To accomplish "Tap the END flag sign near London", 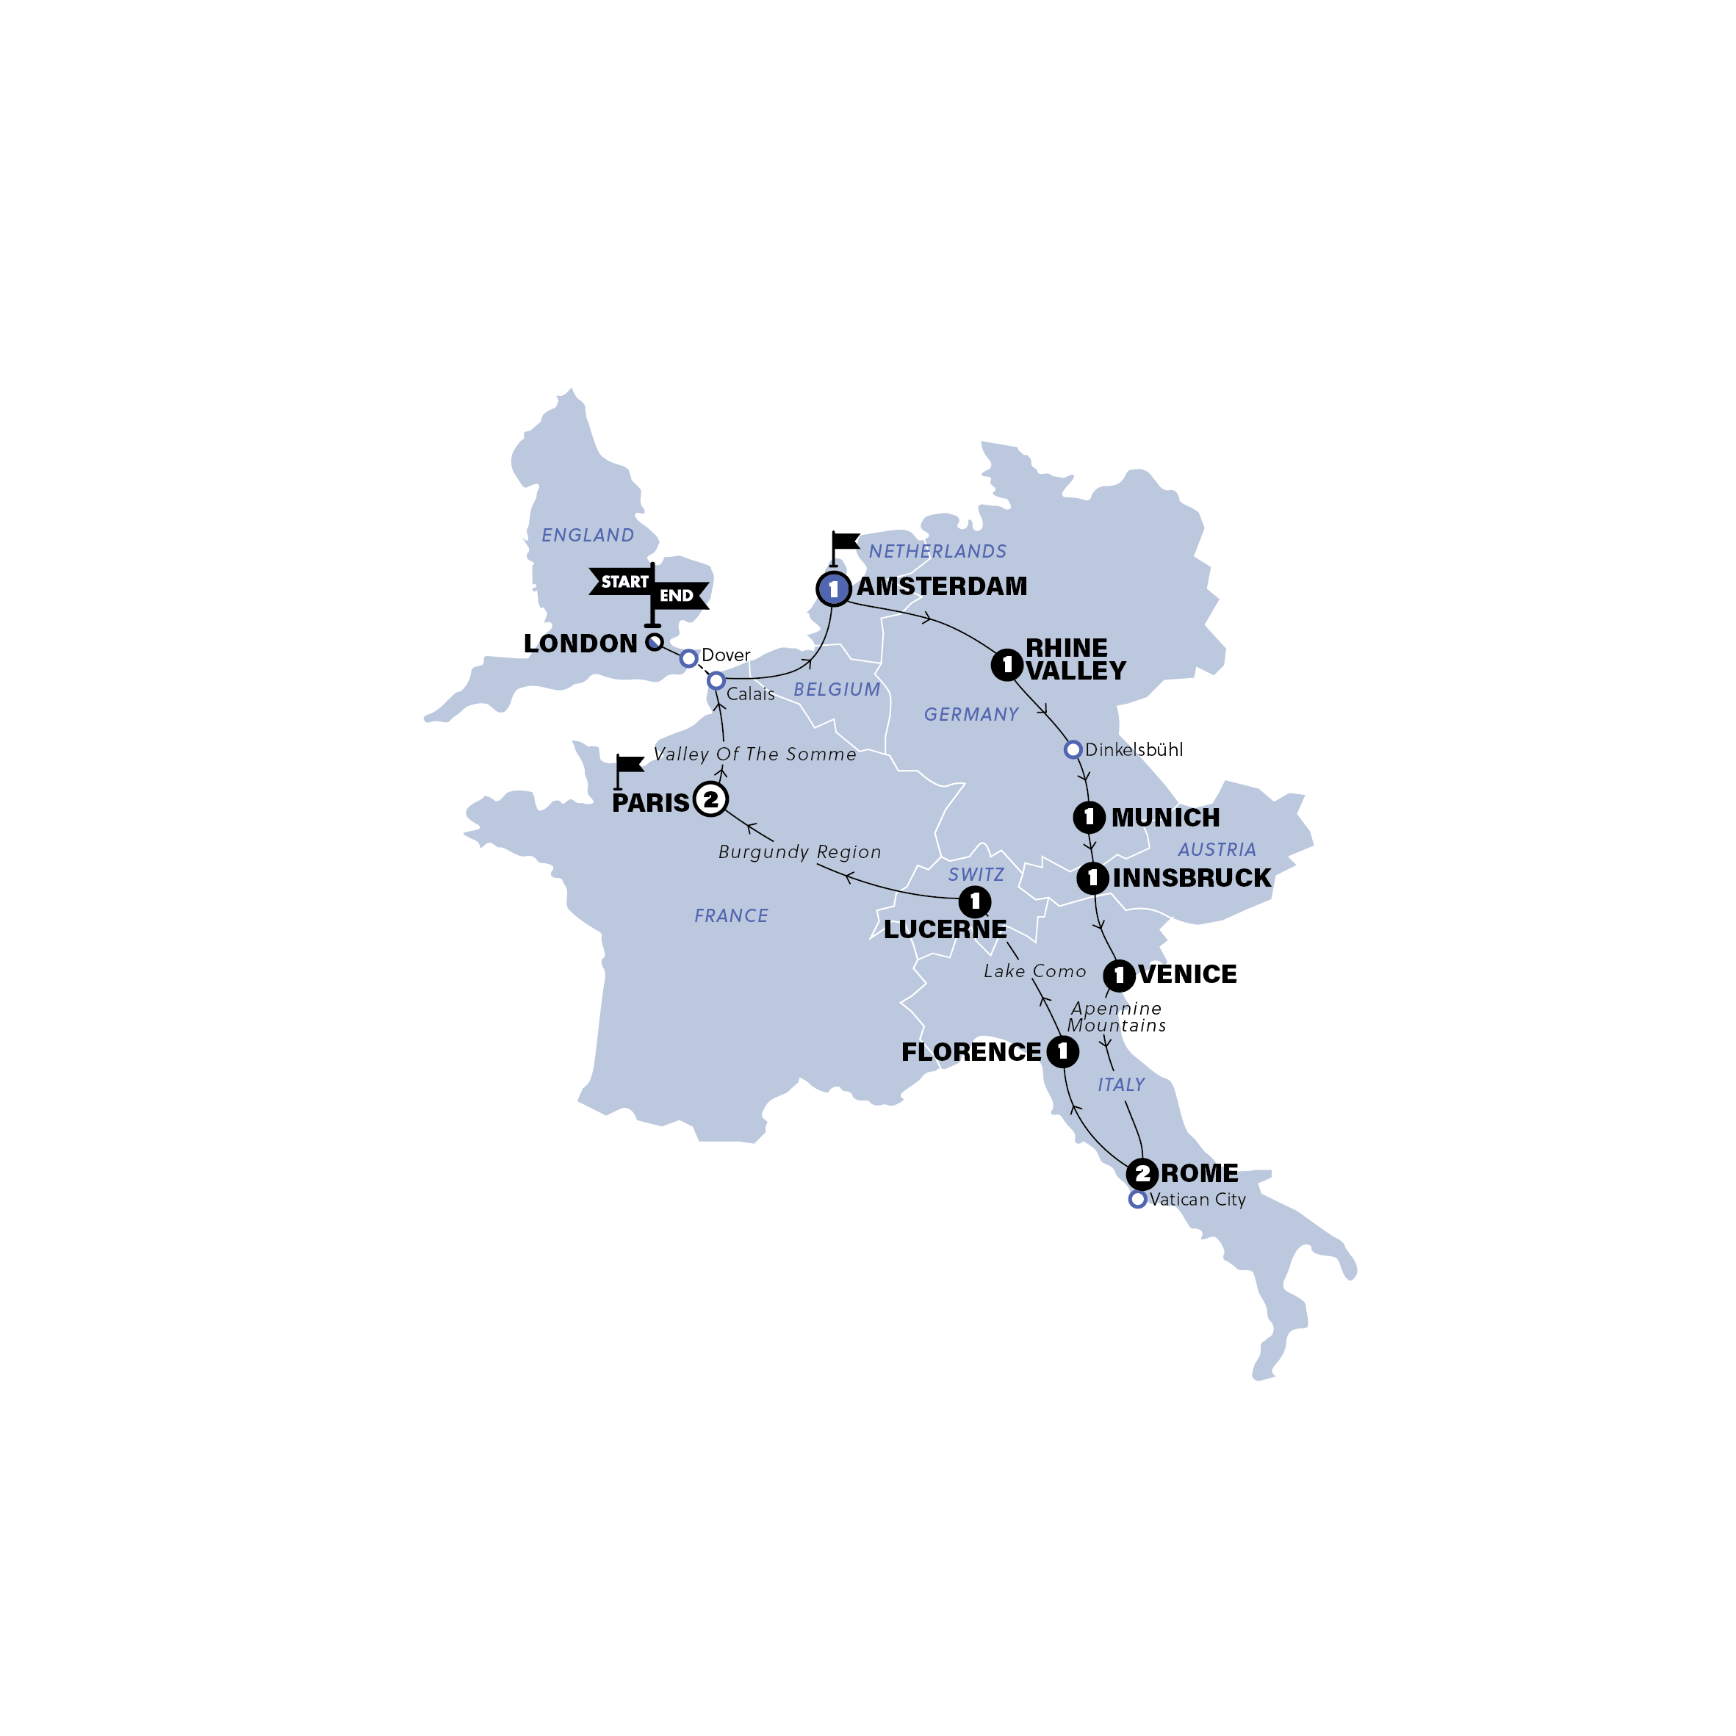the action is click(678, 595).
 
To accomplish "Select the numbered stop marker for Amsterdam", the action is click(833, 588).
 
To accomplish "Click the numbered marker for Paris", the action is click(710, 799).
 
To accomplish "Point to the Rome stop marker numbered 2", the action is click(1141, 1173).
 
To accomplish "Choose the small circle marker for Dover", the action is click(688, 659).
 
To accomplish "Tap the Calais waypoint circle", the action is click(716, 681).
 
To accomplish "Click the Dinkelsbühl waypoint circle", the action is click(1072, 749).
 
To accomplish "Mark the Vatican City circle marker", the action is click(1137, 1200).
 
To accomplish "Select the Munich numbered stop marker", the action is click(1089, 817).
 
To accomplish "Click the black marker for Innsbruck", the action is click(1092, 878).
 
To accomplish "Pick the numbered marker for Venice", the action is click(1119, 975).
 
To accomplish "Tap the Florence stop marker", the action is click(1063, 1051).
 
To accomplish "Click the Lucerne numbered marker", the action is click(975, 901).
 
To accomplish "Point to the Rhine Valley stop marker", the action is click(1006, 665).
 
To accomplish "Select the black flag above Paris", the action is click(628, 766).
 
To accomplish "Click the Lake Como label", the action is click(1034, 971).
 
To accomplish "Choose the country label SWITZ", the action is click(976, 874).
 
